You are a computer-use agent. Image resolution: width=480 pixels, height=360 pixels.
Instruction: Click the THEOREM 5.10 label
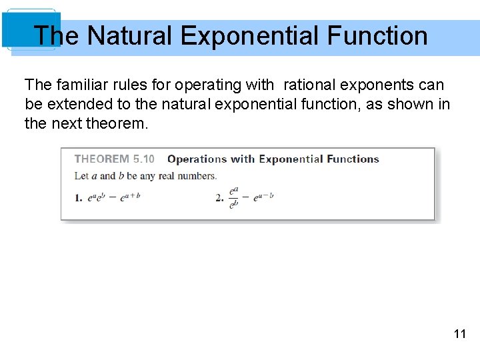click(x=114, y=159)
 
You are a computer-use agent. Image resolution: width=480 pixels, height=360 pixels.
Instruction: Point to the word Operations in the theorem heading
click(x=197, y=159)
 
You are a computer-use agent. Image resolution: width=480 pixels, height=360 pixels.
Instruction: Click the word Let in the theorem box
click(x=81, y=176)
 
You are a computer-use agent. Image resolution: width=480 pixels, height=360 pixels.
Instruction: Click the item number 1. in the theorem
click(x=79, y=197)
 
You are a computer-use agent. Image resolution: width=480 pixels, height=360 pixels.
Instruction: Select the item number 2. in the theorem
click(x=219, y=197)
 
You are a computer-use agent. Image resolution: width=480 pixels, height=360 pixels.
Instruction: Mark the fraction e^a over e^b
click(x=233, y=197)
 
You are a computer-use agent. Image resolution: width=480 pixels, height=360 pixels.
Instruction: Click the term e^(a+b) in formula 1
click(x=130, y=197)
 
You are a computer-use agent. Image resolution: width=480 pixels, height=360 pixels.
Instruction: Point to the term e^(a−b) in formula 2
click(x=263, y=197)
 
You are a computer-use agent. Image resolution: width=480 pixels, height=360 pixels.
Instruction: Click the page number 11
click(x=459, y=334)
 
